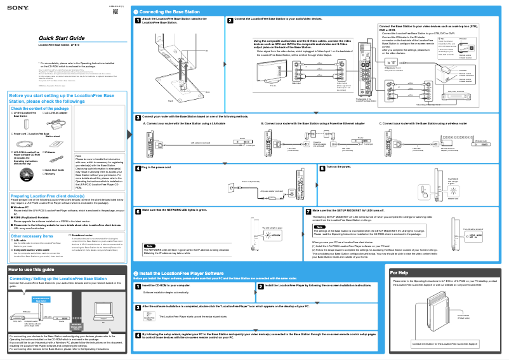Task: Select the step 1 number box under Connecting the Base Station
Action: point(138,20)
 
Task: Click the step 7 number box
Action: point(308,210)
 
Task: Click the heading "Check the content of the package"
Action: point(39,109)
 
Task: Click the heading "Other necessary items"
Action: point(30,236)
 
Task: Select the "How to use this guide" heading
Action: point(32,270)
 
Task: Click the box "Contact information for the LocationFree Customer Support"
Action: point(445,343)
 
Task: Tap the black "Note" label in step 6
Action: point(150,246)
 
